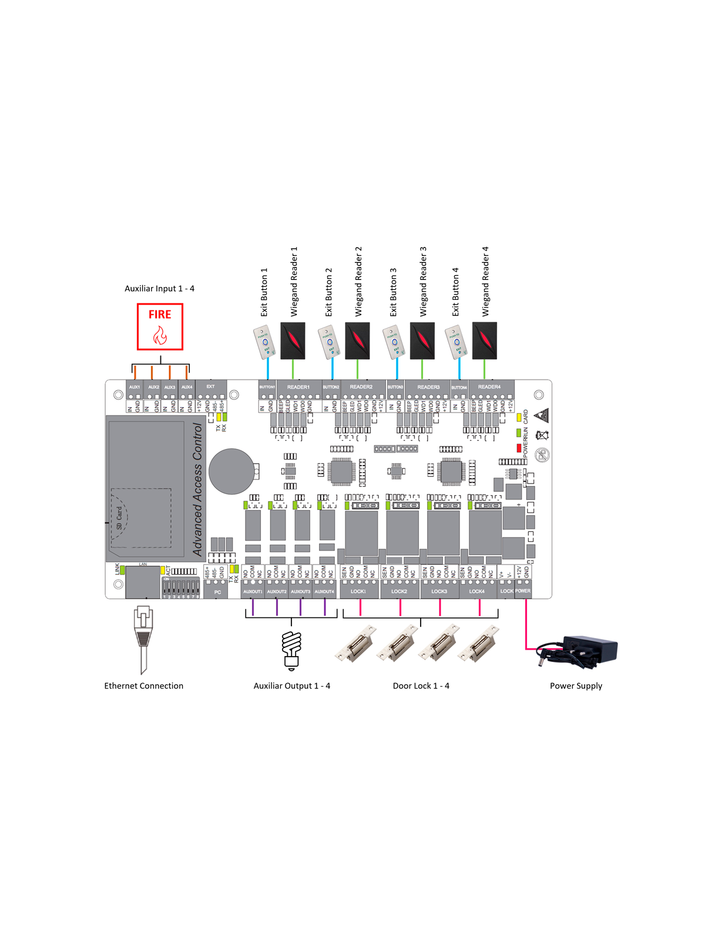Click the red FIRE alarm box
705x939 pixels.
160,326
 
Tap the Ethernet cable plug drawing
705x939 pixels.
143,637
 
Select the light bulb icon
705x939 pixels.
292,650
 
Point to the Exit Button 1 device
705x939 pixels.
264,342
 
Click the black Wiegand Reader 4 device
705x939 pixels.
485,340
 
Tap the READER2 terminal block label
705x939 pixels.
361,387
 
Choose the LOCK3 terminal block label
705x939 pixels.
439,592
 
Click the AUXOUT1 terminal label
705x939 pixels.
253,592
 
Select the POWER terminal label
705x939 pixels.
523,591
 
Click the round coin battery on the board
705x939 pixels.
232,471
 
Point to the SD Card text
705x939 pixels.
120,518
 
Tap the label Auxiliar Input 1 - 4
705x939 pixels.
159,289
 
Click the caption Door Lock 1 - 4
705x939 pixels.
421,686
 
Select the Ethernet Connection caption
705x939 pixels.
144,686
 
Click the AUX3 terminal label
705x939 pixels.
170,387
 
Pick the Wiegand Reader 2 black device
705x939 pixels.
357,340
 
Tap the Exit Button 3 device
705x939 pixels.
394,343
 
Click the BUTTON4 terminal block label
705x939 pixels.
459,387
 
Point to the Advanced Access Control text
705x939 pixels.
197,489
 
